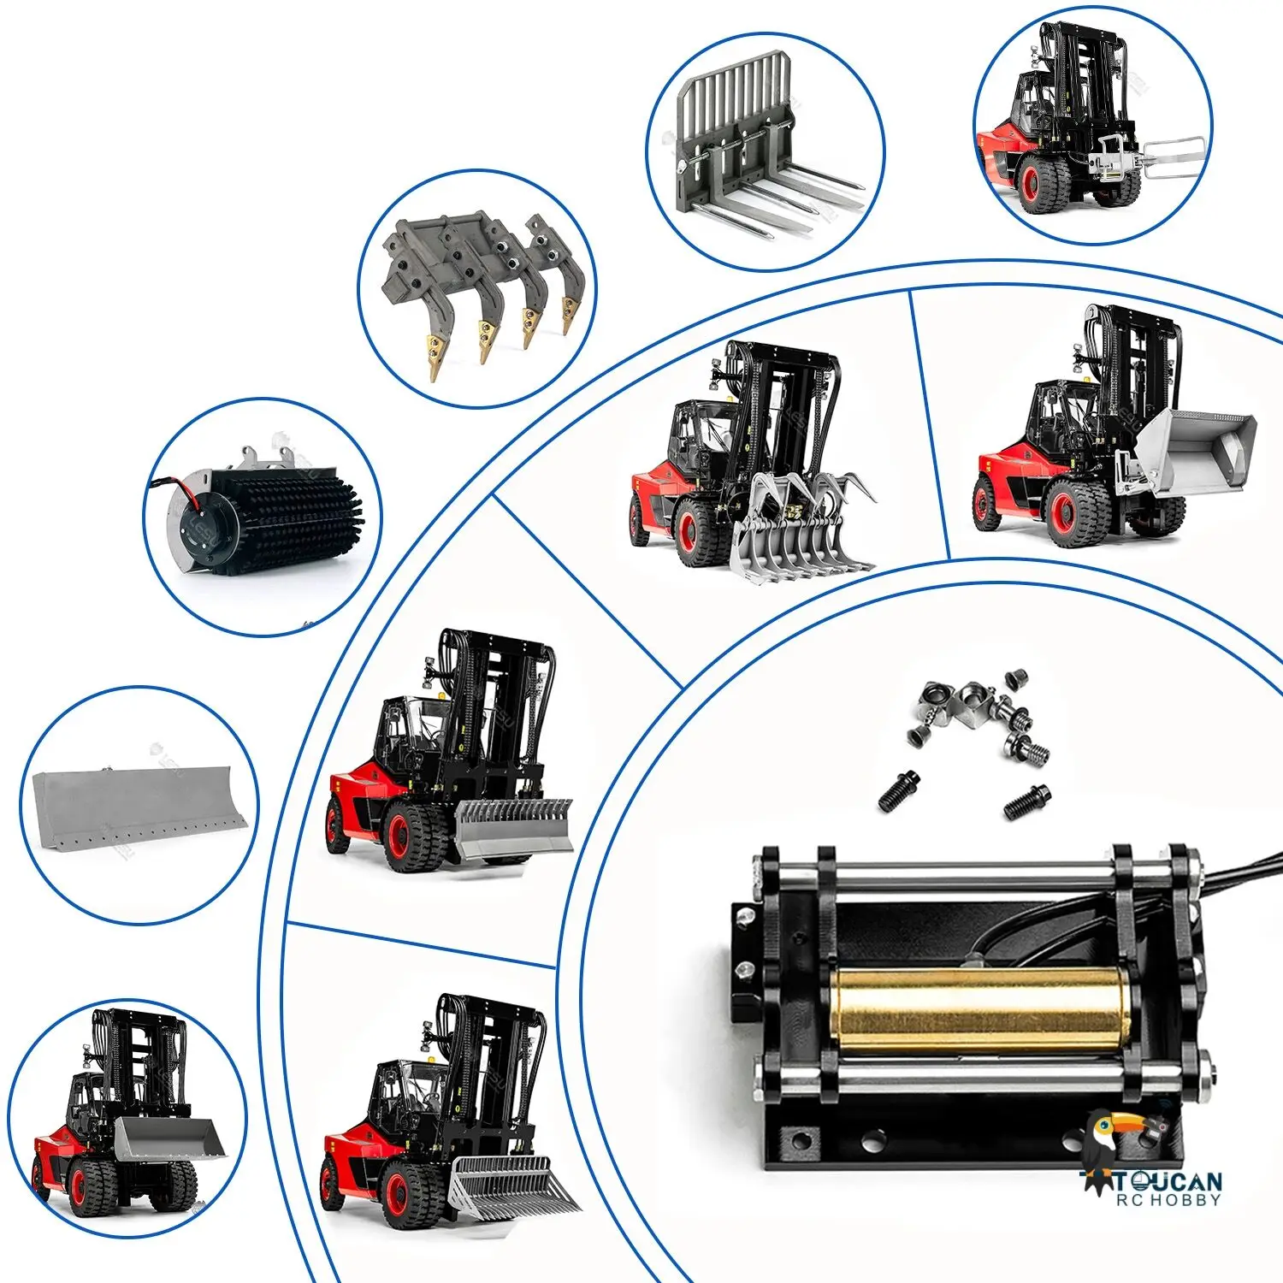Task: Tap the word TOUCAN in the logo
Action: pyautogui.click(x=1168, y=1181)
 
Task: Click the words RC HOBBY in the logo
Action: pyautogui.click(x=1168, y=1201)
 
